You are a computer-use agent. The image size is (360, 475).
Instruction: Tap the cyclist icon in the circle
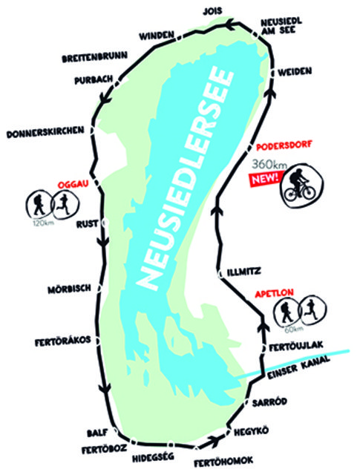click(x=301, y=186)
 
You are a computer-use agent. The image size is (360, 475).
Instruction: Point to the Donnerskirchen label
click(x=45, y=135)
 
